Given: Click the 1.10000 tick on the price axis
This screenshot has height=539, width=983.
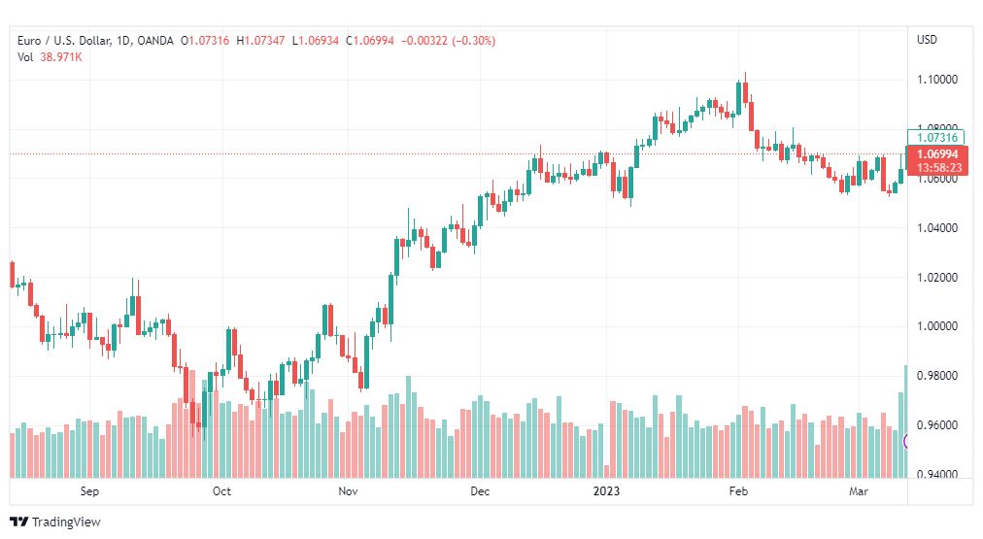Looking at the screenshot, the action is tap(937, 80).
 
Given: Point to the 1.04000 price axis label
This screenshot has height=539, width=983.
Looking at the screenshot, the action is tap(937, 228).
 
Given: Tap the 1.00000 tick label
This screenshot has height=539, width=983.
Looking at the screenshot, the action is tap(937, 326).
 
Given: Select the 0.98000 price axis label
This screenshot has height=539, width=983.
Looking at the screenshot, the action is tap(937, 376).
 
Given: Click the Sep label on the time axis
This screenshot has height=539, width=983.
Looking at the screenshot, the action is tap(89, 491).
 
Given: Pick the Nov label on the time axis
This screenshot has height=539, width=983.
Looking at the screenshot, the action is tap(348, 491).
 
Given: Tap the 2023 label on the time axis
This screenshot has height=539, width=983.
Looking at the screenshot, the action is tap(606, 491).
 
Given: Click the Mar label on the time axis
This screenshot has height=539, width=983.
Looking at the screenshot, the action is tap(859, 491).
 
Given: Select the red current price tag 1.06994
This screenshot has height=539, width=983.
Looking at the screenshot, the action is tap(937, 154).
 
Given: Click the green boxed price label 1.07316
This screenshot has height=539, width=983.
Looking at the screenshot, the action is tap(936, 137).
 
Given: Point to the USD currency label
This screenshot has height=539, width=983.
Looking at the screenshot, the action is tap(928, 40).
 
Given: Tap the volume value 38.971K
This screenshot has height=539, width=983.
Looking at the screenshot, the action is tap(61, 57).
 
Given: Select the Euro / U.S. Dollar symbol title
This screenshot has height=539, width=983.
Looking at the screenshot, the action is tap(64, 41).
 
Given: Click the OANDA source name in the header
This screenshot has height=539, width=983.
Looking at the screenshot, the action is tap(154, 41).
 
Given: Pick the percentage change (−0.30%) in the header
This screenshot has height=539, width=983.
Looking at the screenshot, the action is tap(474, 41).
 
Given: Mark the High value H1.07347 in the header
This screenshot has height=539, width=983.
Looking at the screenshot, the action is tap(260, 41).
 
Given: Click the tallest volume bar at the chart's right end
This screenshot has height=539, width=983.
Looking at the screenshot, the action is tap(905, 421).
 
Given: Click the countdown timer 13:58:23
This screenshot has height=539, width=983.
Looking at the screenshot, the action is tap(938, 168).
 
